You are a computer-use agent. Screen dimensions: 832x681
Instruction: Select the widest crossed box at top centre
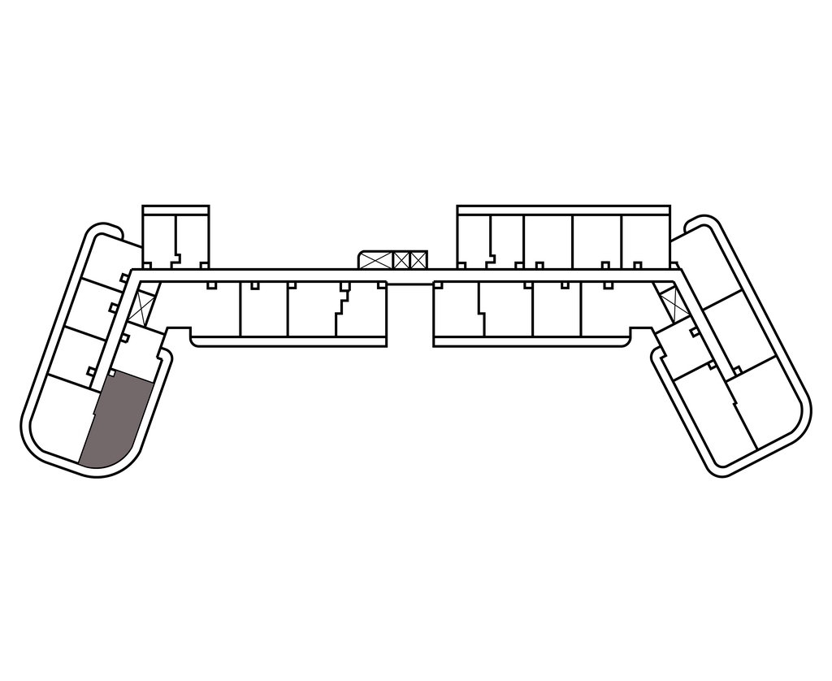(x=375, y=261)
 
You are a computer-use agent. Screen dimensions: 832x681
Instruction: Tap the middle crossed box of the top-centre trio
(x=401, y=261)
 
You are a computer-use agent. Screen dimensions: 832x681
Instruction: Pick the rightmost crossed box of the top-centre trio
(x=418, y=261)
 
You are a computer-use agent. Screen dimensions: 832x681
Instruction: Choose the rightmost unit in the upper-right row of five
(x=647, y=241)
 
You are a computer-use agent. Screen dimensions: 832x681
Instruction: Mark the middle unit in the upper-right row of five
(x=548, y=241)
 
